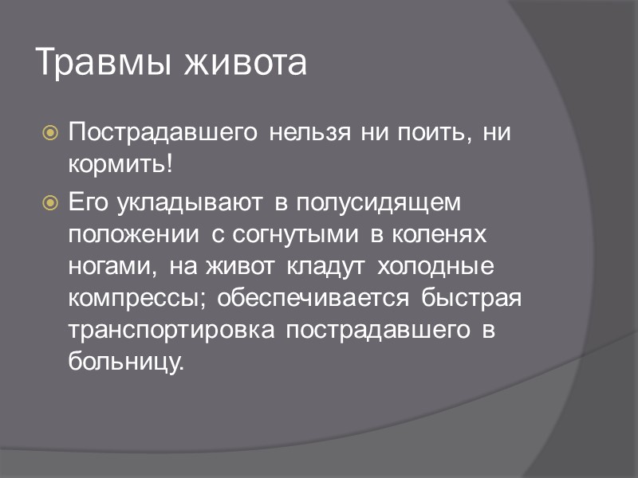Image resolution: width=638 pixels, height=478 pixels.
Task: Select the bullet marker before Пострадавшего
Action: pyautogui.click(x=49, y=133)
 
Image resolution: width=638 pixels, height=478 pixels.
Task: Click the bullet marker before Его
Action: pyautogui.click(x=49, y=203)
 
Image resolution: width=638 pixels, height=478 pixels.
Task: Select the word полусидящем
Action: pyautogui.click(x=380, y=203)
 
